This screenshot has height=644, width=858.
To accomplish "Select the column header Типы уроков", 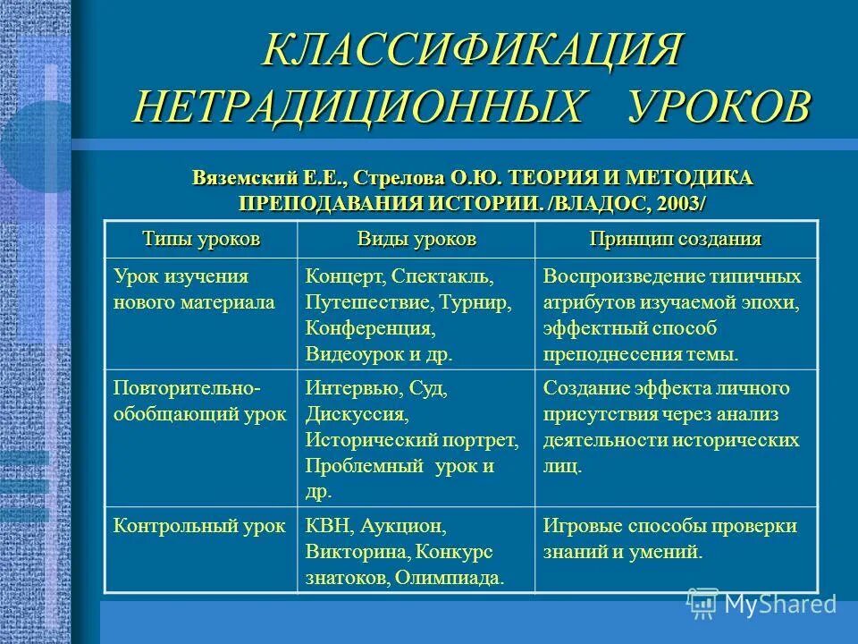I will (200, 240).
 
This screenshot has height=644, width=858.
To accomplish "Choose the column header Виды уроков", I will (416, 240).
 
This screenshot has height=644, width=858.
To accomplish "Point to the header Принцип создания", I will (675, 240).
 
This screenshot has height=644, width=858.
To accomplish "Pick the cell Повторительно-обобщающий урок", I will (199, 402).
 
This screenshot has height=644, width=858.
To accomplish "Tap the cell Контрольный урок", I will (199, 525).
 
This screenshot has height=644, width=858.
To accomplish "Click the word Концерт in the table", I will (345, 276).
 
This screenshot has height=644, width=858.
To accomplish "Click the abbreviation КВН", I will (327, 526).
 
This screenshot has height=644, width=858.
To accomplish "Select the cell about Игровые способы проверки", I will (669, 538).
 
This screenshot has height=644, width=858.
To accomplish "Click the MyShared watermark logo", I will (761, 603).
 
